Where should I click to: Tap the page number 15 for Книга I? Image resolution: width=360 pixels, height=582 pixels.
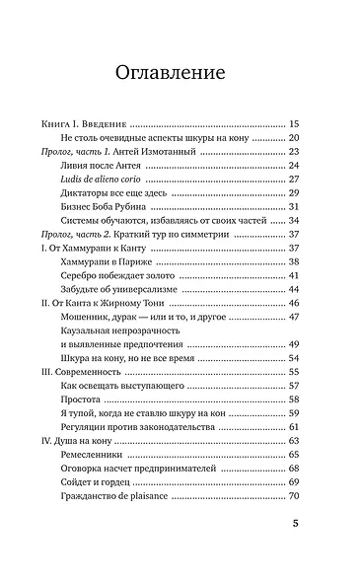pos(294,124)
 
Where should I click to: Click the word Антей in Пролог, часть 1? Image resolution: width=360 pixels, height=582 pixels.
pos(143,152)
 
